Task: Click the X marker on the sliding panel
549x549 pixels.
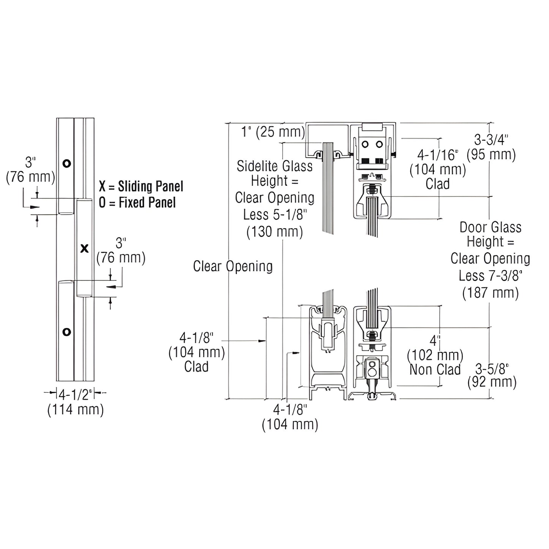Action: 84,249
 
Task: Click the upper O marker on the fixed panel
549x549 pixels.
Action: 66,164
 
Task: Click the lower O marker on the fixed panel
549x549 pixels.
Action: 66,332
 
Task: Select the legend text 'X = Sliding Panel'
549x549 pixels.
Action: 141,187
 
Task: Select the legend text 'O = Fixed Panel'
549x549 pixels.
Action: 137,203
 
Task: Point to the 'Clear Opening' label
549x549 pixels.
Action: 233,266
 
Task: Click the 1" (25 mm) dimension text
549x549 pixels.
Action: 273,132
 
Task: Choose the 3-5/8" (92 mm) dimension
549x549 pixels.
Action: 492,375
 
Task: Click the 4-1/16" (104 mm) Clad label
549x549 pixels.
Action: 438,169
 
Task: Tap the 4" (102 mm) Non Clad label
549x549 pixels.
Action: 435,355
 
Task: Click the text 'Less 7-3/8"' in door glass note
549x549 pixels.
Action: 490,276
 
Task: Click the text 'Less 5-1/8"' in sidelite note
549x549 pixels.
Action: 275,215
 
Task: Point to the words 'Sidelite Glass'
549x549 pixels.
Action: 275,166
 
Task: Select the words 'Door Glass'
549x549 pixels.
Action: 490,227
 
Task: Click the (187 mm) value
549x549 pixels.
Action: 490,293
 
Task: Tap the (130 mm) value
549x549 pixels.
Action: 275,231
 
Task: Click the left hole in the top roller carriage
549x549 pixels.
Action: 365,144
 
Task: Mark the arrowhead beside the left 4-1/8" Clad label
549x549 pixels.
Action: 262,341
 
